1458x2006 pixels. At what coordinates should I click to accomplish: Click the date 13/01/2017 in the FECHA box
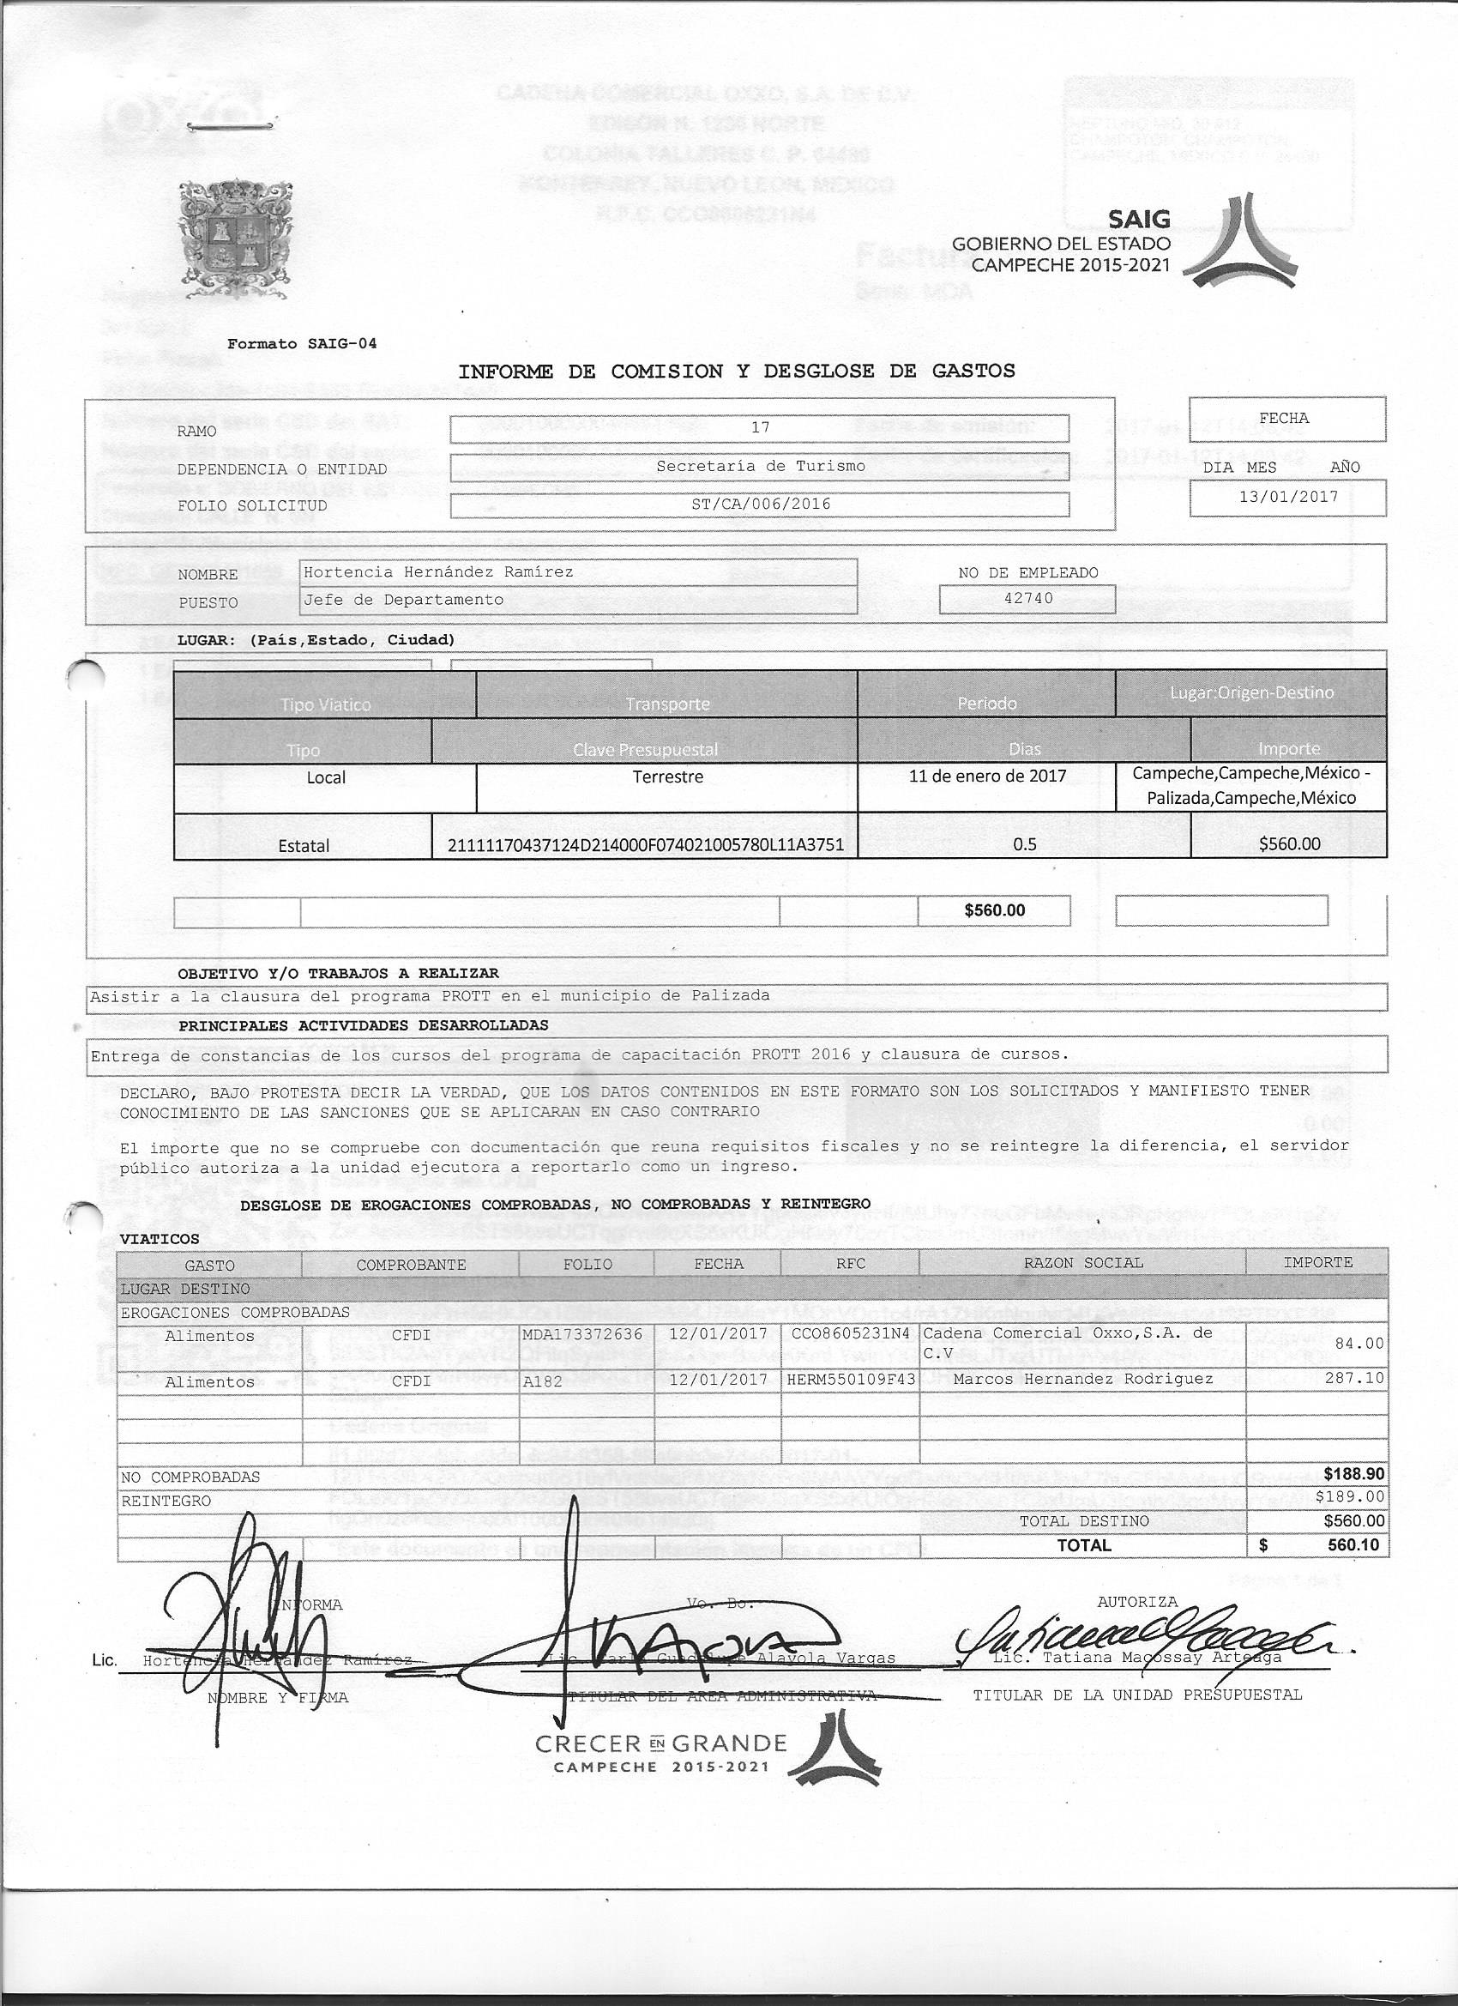coord(1287,496)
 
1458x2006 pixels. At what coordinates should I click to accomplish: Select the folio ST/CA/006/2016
coord(760,505)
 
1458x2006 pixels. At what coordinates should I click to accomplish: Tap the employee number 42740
coord(1028,598)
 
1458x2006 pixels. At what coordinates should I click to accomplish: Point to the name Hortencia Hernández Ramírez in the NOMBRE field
coord(438,572)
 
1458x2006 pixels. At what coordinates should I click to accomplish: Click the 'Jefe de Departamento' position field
coord(403,600)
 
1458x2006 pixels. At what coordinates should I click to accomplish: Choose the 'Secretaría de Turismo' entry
coord(760,466)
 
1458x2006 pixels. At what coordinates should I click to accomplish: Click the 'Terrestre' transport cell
coord(666,777)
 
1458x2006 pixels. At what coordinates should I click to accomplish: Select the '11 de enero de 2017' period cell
coord(987,776)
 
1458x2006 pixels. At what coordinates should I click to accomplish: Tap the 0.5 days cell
coord(1024,843)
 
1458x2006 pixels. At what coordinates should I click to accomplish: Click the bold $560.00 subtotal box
coord(994,910)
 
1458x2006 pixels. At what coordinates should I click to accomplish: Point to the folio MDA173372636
coord(581,1333)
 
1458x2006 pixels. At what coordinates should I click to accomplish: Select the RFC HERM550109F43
coord(850,1379)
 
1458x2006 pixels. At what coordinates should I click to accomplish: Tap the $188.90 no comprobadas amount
coord(1353,1474)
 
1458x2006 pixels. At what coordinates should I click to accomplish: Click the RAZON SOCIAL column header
coord(1082,1263)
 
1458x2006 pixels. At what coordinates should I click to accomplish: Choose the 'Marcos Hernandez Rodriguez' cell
coord(1069,1379)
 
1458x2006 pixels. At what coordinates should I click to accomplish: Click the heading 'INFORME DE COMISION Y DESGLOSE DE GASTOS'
coord(737,372)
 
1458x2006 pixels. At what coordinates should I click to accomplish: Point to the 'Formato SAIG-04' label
coord(302,343)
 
